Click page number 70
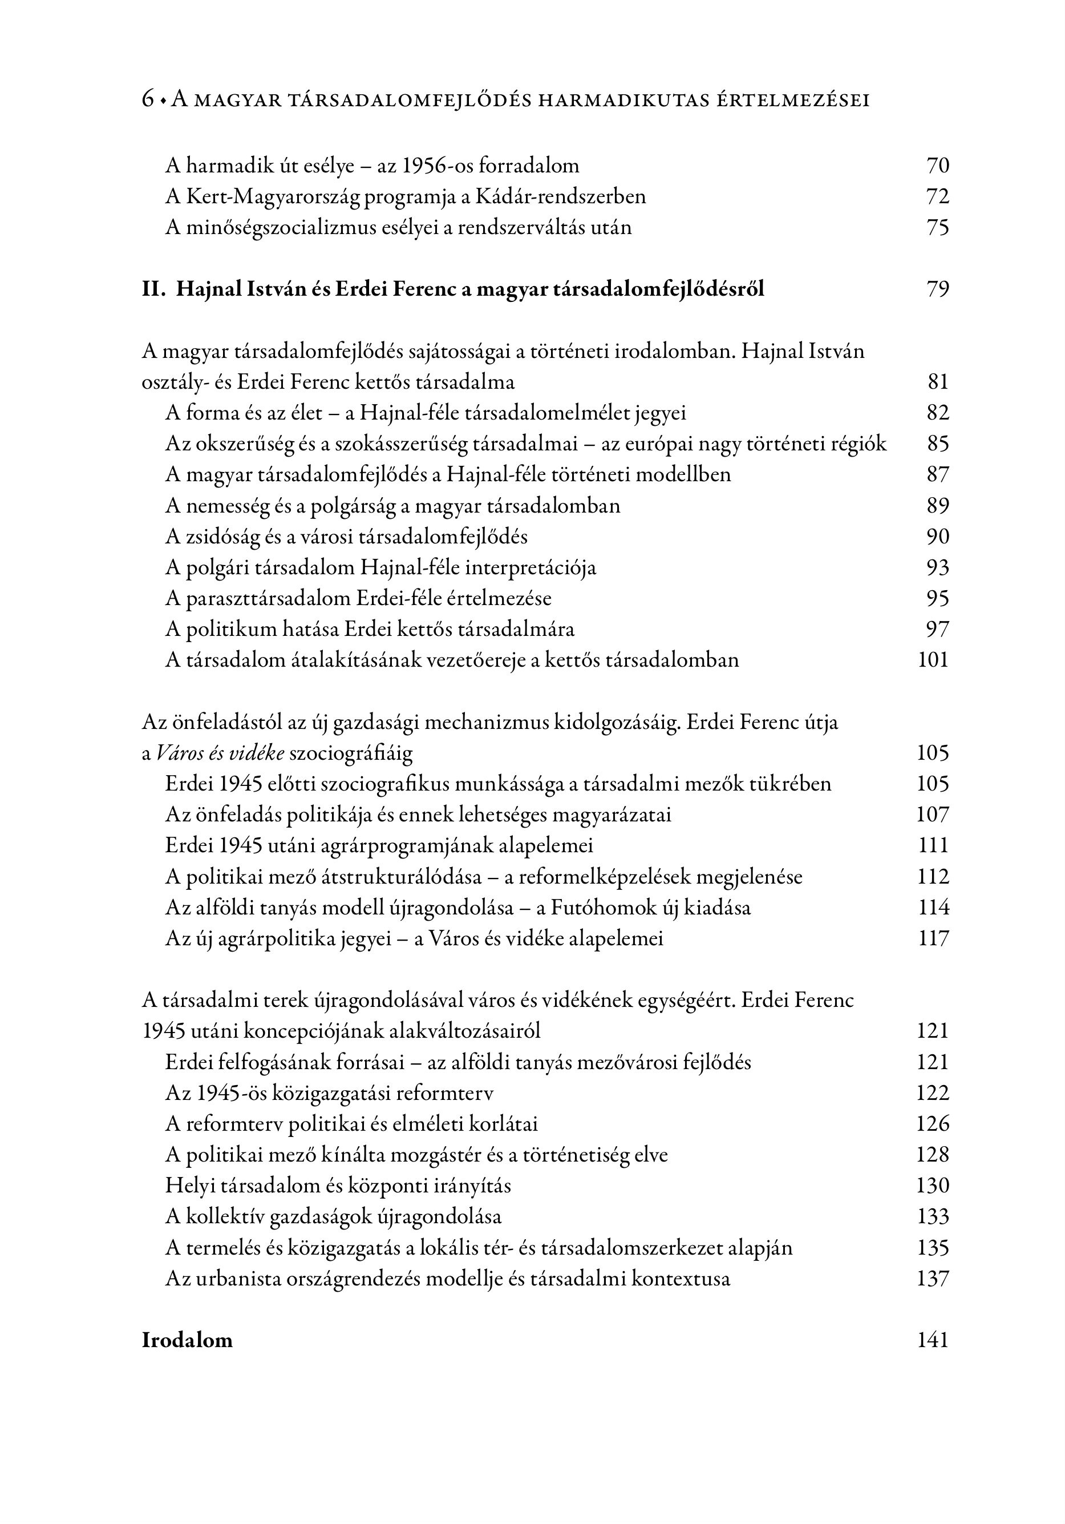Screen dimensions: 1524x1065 937,166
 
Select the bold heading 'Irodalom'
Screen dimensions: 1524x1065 187,1340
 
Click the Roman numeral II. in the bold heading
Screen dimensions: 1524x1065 153,289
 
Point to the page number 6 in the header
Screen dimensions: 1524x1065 147,100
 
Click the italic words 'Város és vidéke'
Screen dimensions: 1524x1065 220,753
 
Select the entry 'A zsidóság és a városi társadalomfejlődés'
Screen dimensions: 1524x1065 346,537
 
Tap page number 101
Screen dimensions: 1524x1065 933,660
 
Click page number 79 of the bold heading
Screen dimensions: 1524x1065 937,289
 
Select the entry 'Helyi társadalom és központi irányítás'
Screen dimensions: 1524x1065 338,1186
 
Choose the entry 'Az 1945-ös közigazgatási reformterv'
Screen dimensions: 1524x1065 329,1092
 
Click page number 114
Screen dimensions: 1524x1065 933,908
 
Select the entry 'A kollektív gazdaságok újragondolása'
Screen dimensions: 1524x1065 333,1217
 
